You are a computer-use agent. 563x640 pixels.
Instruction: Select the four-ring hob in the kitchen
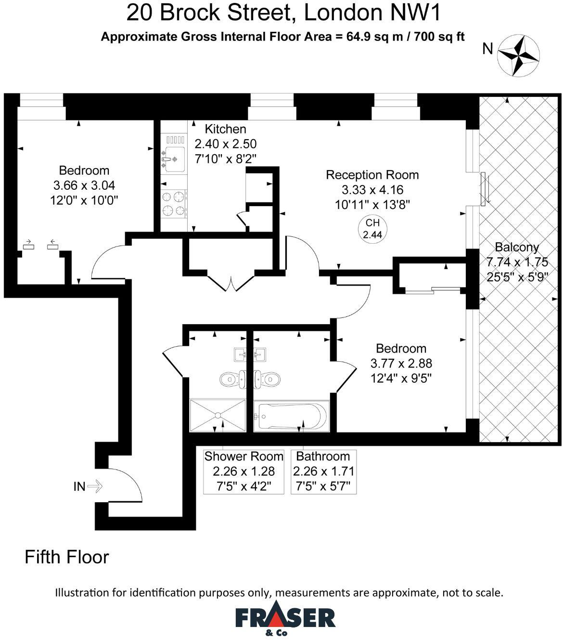click(174, 204)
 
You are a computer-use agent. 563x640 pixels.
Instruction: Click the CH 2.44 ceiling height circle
click(372, 229)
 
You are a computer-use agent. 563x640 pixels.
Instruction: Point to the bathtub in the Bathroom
click(291, 416)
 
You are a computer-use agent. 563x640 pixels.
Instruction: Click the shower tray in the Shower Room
click(218, 415)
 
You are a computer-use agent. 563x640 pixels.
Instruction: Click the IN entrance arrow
click(94, 486)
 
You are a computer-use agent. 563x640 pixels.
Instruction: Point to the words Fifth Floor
click(67, 557)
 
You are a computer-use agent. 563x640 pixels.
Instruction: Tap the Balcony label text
click(517, 248)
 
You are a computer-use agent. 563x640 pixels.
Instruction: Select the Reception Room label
click(372, 175)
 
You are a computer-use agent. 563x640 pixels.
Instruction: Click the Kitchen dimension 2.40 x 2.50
click(225, 144)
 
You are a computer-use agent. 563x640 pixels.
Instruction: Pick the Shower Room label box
click(243, 471)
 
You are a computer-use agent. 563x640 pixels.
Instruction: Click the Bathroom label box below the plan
click(323, 471)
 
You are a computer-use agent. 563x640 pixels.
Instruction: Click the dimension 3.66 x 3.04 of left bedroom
click(84, 185)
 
